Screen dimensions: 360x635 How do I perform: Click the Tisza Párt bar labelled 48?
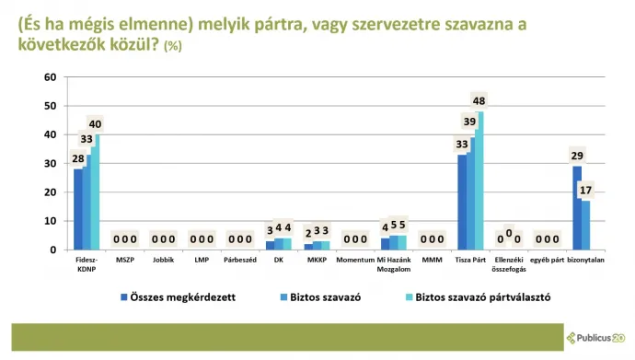pyautogui.click(x=479, y=180)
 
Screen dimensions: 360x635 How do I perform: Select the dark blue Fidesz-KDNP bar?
pyautogui.click(x=78, y=209)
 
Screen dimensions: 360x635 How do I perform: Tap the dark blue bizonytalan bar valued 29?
pyautogui.click(x=577, y=207)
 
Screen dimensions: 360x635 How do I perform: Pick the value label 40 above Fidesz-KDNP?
pyautogui.click(x=95, y=124)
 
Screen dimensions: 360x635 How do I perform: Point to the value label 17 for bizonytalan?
pyautogui.click(x=584, y=191)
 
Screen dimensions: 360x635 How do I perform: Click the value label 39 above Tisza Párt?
pyautogui.click(x=470, y=122)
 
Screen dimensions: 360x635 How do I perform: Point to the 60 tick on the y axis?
pyautogui.click(x=50, y=77)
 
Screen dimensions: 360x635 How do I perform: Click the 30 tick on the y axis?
pyautogui.click(x=50, y=164)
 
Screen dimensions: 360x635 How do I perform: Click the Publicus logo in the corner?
pyautogui.click(x=596, y=337)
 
